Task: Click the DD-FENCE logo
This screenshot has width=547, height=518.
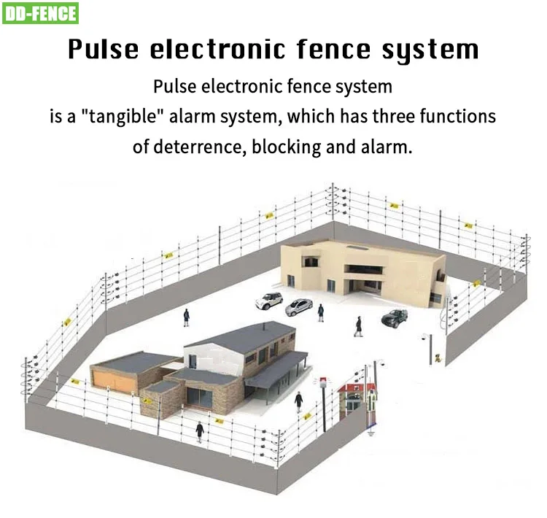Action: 42,13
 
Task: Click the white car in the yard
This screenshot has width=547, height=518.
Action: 268,299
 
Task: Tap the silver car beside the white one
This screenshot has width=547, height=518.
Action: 299,306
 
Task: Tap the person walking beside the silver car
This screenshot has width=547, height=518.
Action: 320,312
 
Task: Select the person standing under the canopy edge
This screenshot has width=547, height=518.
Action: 298,401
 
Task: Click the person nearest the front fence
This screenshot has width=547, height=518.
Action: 198,429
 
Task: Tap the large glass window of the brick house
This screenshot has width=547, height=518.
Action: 197,396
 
